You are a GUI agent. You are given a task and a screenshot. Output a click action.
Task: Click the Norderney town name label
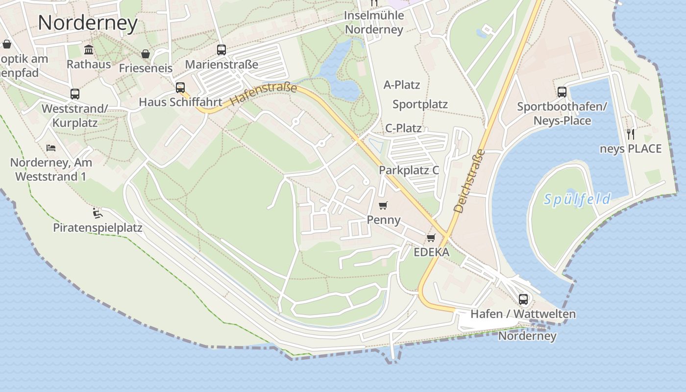click(88, 23)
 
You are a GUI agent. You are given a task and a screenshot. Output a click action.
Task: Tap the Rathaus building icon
click(89, 49)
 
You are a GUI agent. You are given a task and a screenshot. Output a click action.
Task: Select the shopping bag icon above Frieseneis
click(146, 53)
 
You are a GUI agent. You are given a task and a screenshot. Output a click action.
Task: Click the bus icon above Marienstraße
click(221, 49)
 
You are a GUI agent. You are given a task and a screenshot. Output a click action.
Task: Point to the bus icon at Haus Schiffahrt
click(180, 88)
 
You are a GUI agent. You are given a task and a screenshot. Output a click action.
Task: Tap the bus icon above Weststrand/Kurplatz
click(75, 94)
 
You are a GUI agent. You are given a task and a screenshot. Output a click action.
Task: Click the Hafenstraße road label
click(264, 95)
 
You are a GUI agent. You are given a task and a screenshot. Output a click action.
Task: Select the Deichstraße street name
click(469, 181)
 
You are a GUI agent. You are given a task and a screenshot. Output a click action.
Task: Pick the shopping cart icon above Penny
click(383, 205)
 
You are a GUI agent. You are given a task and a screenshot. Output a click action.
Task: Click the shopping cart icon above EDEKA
click(431, 238)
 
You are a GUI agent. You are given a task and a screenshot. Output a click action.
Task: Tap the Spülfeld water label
click(578, 199)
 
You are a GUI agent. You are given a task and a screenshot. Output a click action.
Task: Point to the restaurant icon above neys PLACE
click(631, 134)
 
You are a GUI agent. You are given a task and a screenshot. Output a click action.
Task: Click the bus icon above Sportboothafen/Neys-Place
click(562, 92)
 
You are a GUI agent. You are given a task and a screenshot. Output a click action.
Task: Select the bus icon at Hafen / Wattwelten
click(523, 299)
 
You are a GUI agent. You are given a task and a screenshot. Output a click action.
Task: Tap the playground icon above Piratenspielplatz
click(98, 213)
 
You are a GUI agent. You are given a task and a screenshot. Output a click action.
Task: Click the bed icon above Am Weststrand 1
click(51, 147)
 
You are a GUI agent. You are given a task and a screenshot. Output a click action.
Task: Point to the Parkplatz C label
click(409, 171)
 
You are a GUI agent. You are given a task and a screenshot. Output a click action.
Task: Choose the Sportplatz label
click(420, 104)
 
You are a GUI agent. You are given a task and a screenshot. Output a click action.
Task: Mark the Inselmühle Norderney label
click(374, 23)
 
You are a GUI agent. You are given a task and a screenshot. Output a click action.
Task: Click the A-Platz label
click(402, 85)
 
